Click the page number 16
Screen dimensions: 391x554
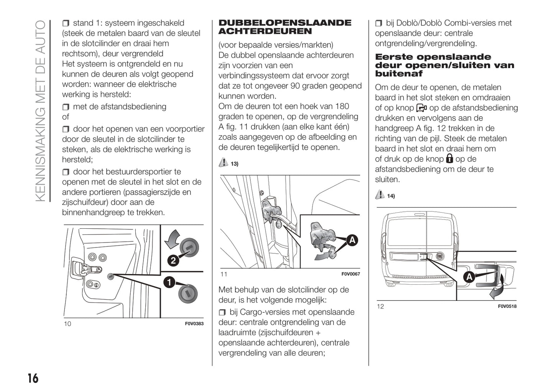point(33,378)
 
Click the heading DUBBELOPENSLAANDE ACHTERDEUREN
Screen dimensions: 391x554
point(284,27)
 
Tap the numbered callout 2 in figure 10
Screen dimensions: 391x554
point(173,261)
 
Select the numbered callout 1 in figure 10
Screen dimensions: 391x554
point(169,282)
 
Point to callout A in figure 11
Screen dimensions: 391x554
point(352,240)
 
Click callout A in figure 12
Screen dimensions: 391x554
point(469,276)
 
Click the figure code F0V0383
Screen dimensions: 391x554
point(194,323)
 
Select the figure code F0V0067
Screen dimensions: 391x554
point(350,274)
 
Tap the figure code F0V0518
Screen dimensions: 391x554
point(507,306)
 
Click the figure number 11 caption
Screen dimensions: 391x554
point(224,274)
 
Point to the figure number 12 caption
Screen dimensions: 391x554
point(380,306)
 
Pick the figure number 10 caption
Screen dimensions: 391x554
point(67,323)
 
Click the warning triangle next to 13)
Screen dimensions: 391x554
point(223,163)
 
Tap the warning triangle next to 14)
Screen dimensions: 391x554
point(380,195)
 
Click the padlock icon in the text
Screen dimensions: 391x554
point(449,158)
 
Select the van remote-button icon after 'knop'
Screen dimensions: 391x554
point(421,108)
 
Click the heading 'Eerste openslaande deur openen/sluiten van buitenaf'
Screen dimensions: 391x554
point(444,65)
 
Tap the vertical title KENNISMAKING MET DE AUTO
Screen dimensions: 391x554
point(40,111)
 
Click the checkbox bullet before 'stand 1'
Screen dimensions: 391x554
point(66,23)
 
